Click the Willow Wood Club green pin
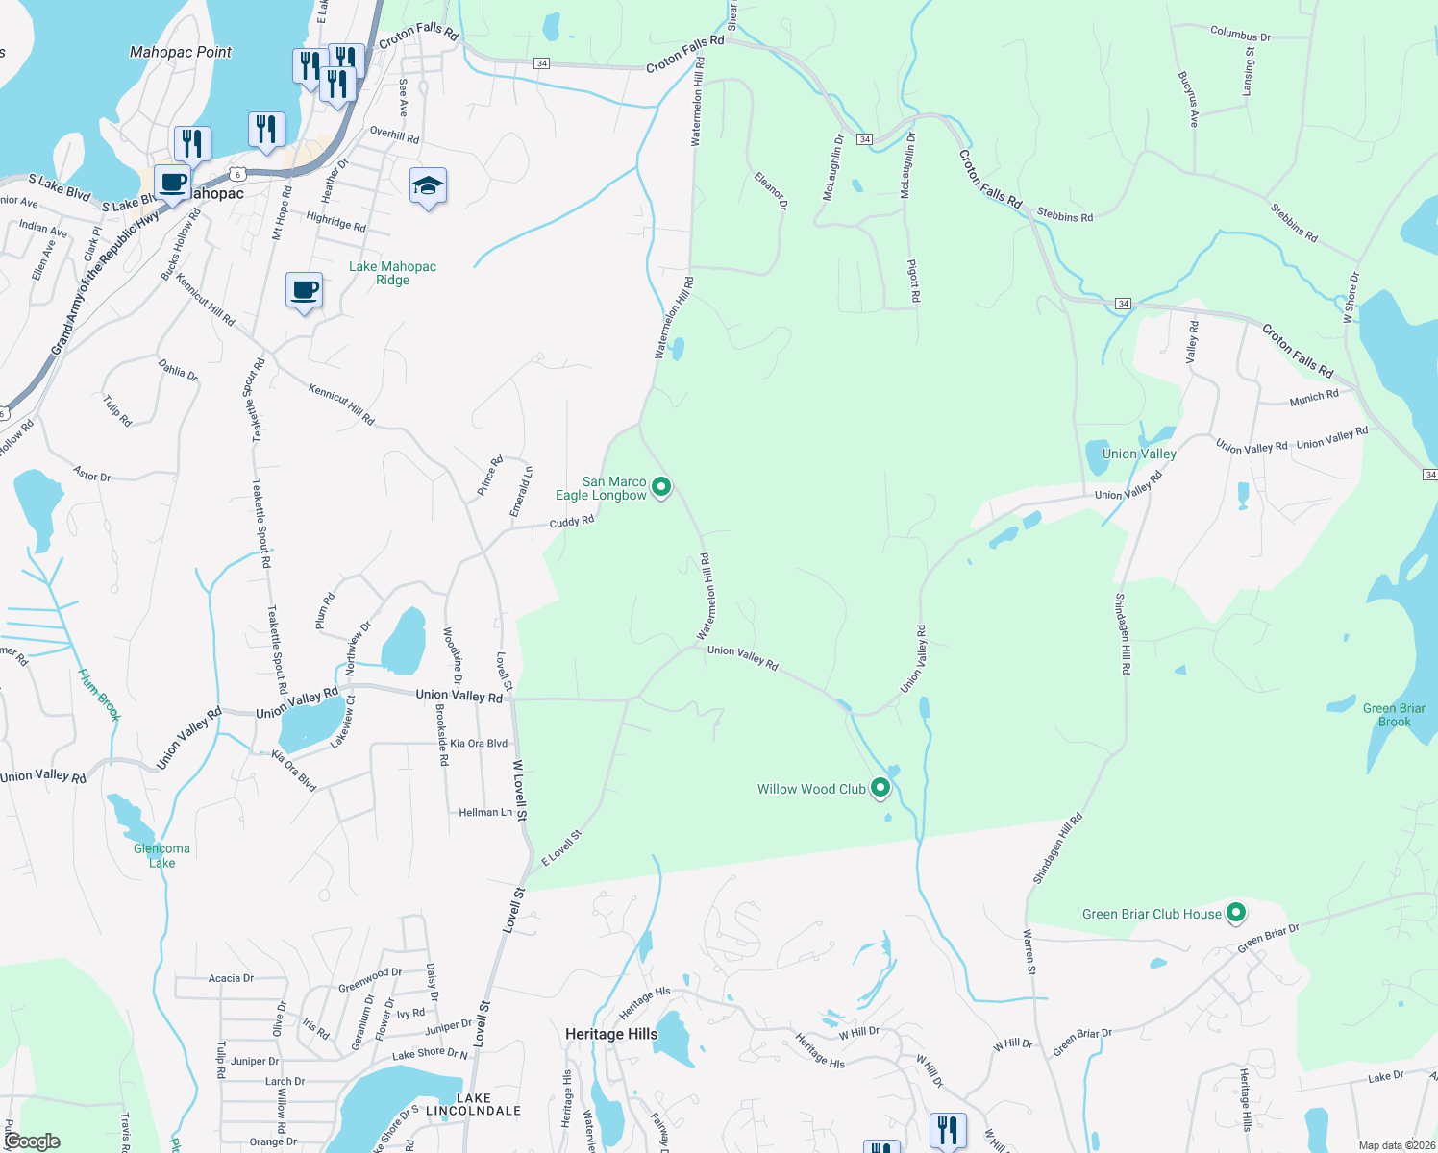point(880,789)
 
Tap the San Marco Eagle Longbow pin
point(661,487)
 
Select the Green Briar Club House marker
point(1236,913)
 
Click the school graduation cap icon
point(428,186)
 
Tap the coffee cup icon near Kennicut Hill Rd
point(305,291)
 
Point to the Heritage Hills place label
point(611,1034)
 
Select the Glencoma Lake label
point(161,855)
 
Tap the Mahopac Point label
point(181,52)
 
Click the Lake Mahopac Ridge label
point(392,273)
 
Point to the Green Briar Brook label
point(1394,715)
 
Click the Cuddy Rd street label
point(572,522)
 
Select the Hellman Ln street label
point(485,812)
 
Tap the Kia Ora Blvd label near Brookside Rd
point(479,743)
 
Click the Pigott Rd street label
point(915,280)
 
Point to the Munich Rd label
point(1314,397)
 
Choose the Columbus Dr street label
point(1240,35)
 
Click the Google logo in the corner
point(32,1141)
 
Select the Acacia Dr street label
point(231,978)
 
